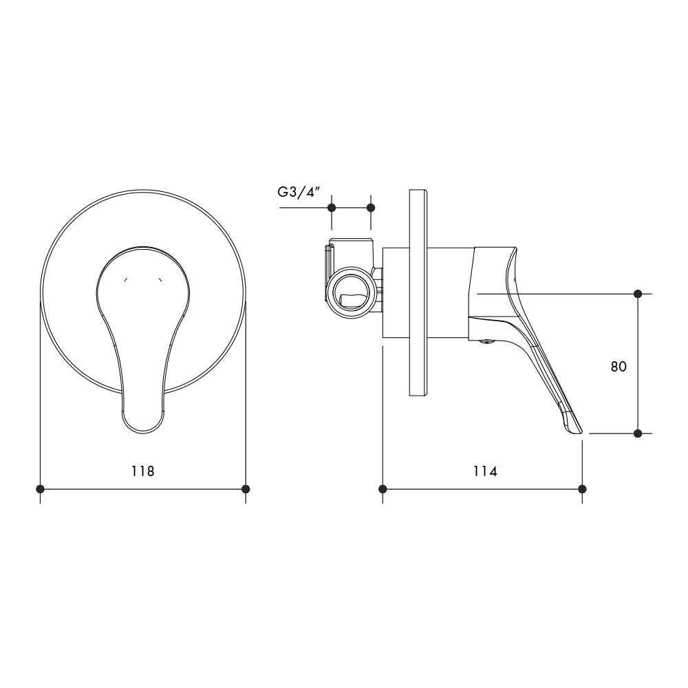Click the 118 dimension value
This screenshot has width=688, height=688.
pos(143,471)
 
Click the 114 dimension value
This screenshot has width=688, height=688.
pos(484,471)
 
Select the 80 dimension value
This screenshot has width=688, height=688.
pos(619,367)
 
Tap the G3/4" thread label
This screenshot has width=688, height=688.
pos(300,193)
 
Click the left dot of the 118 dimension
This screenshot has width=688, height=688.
pos(41,489)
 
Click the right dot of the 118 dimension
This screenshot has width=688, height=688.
pos(246,489)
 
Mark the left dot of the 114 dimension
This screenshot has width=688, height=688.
pos(383,489)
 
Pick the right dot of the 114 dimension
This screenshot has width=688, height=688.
pos(583,489)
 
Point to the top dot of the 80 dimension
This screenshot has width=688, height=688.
pos(638,294)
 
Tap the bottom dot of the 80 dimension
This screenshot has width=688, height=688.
pos(638,433)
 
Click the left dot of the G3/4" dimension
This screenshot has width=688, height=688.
pos(332,207)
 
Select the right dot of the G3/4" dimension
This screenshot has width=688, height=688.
pos(371,207)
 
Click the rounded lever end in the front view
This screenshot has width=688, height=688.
pos(143,416)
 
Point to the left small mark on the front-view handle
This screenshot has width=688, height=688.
pos(125,280)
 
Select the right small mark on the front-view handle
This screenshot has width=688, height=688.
pos(160,280)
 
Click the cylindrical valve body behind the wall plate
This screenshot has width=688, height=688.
pos(396,292)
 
